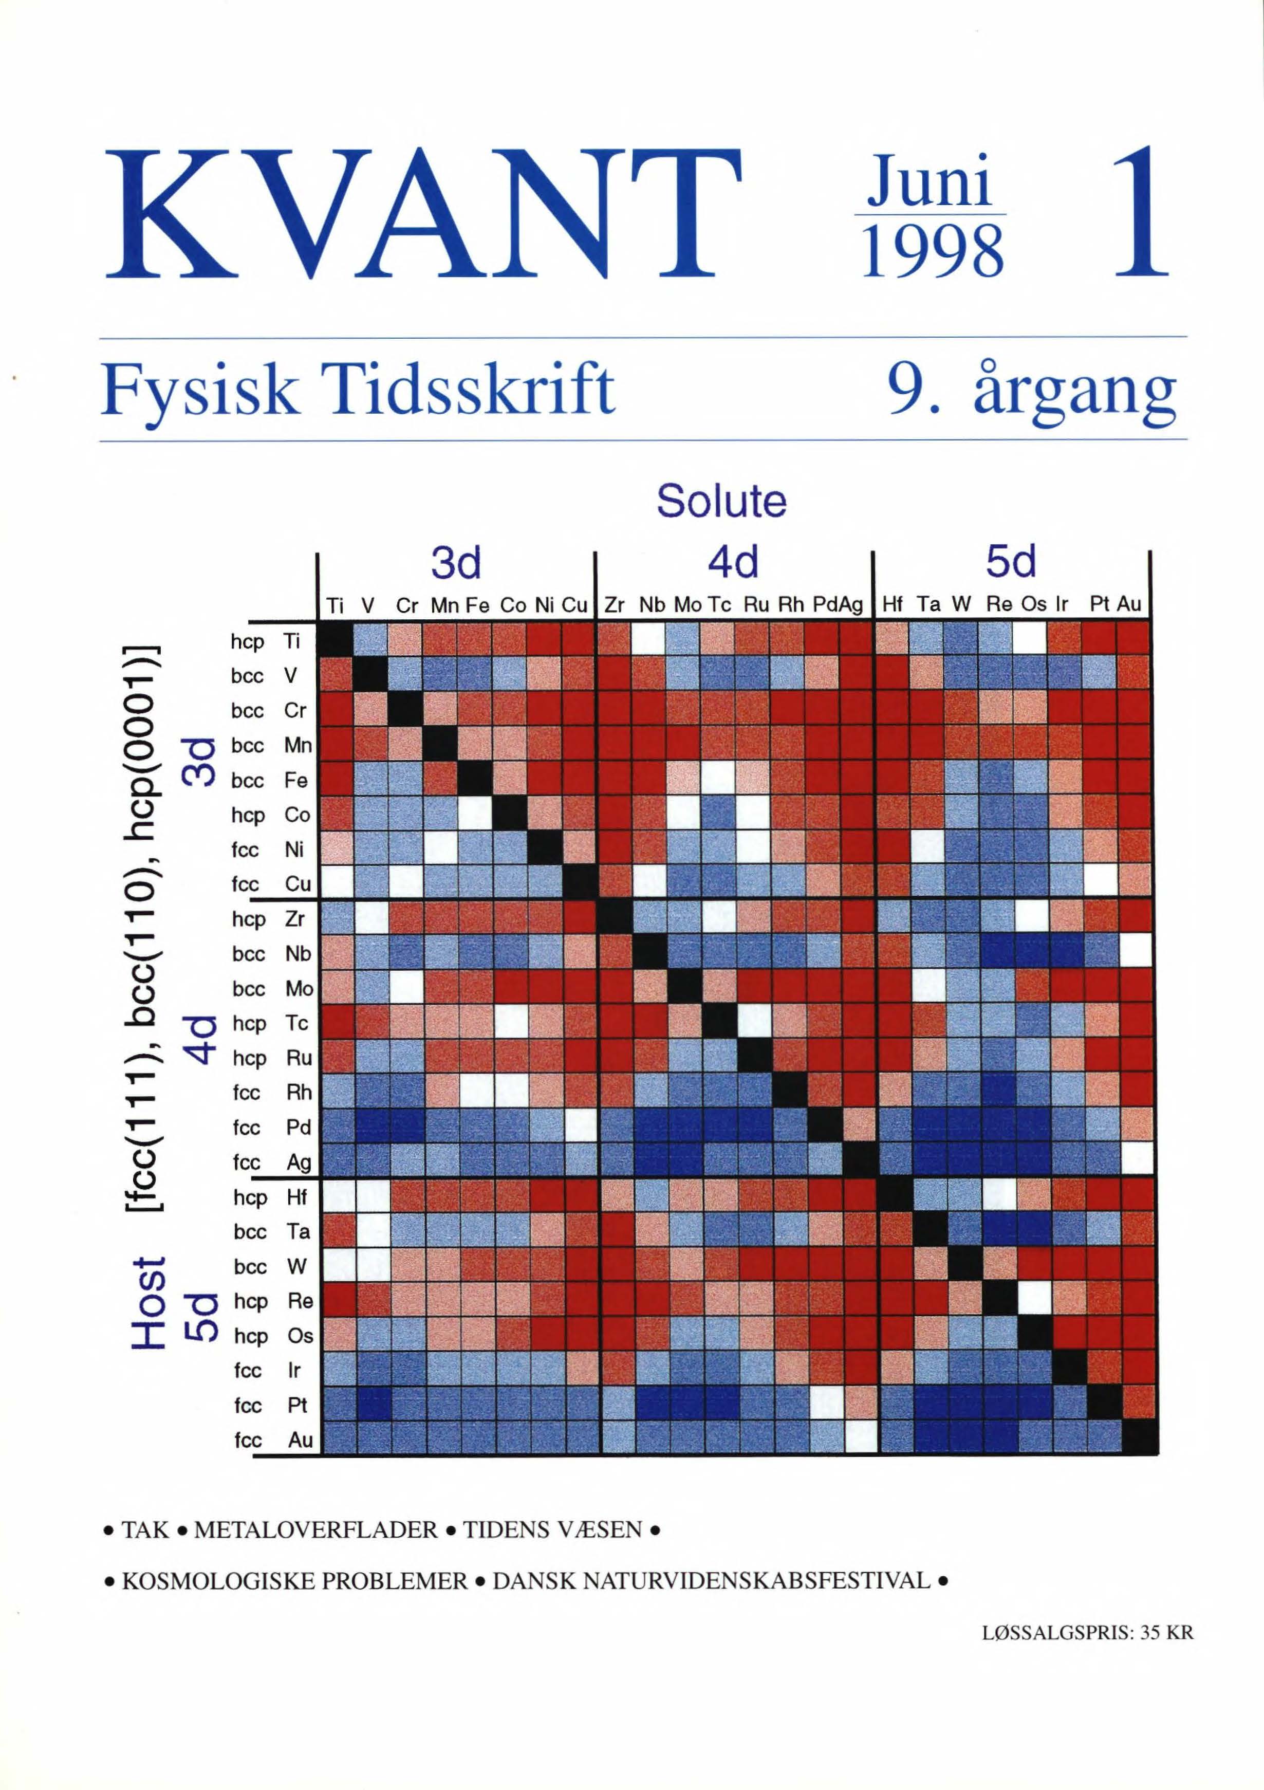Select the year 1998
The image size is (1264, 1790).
click(x=932, y=251)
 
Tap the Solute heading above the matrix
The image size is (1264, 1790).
click(x=721, y=501)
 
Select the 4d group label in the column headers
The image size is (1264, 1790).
click(x=733, y=562)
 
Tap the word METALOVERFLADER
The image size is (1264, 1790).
click(x=315, y=1530)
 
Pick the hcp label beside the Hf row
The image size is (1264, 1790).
click(x=249, y=1197)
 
